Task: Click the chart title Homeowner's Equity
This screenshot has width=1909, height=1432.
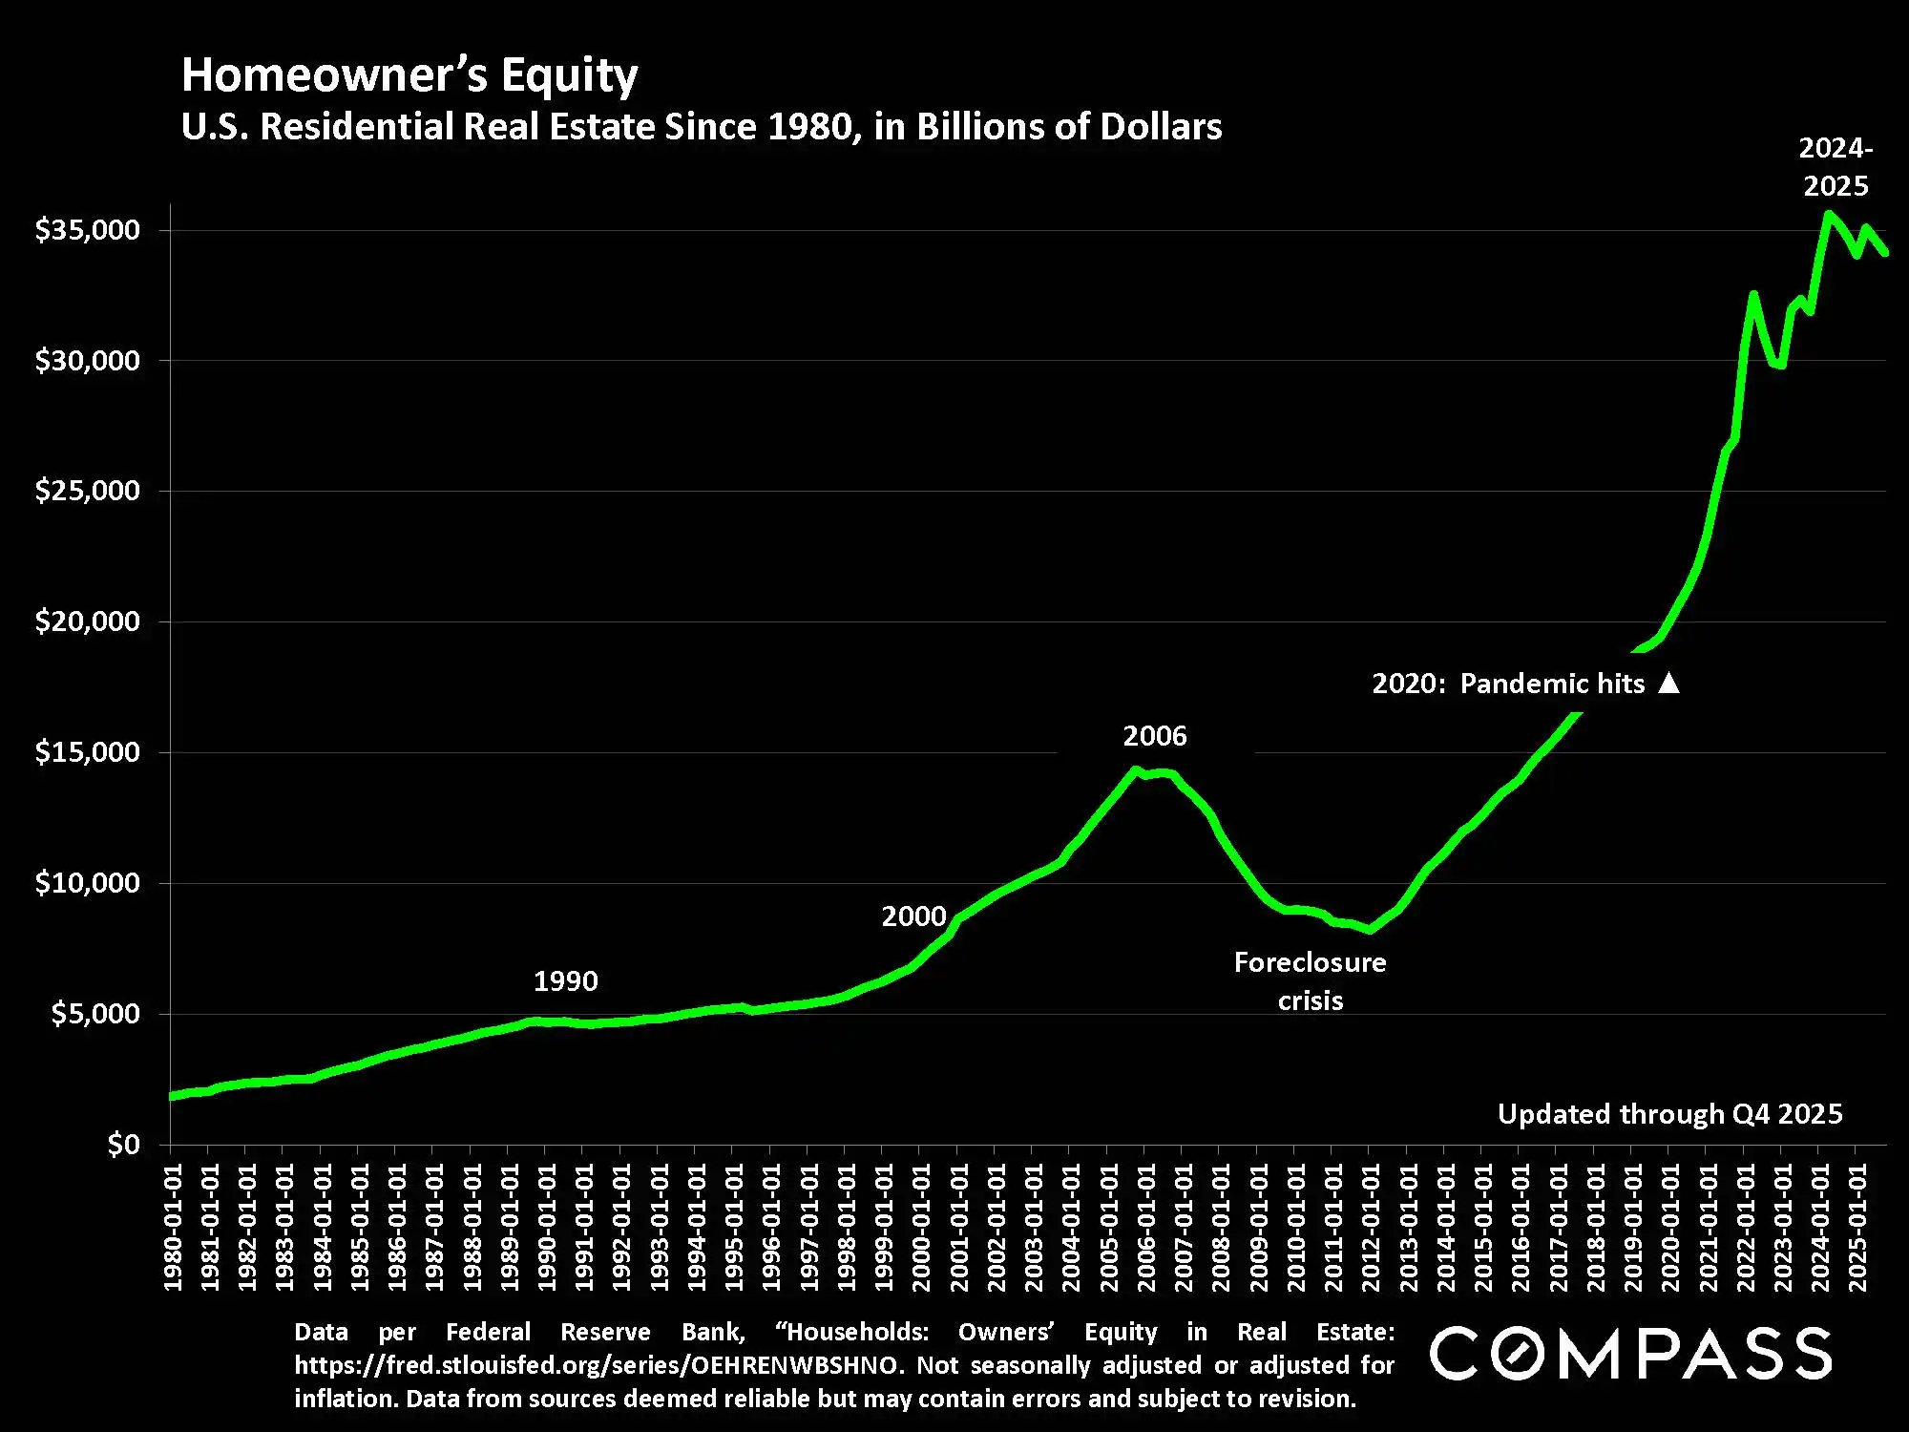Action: (x=409, y=74)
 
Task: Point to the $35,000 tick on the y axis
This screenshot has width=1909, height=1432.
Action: (x=87, y=230)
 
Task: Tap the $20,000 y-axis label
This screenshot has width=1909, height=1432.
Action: (x=87, y=621)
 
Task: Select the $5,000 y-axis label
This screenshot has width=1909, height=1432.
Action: (x=94, y=1013)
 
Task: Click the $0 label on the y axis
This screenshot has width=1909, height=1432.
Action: (x=123, y=1144)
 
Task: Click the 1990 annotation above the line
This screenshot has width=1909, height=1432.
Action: (x=565, y=980)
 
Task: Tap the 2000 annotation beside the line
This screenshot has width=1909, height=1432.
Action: (x=913, y=916)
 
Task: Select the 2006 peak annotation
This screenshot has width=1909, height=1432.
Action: (x=1155, y=736)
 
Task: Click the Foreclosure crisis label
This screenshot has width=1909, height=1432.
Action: (x=1310, y=980)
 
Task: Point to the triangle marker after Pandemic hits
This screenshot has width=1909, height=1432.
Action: (x=1668, y=684)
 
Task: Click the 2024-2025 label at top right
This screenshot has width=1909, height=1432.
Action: (x=1836, y=167)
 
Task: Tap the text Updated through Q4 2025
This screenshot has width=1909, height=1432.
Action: (x=1669, y=1114)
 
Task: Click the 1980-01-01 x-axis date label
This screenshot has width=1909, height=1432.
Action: (x=173, y=1227)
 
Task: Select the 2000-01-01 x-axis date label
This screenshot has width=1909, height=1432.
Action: (x=921, y=1227)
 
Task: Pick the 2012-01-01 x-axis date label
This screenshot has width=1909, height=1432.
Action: (x=1371, y=1227)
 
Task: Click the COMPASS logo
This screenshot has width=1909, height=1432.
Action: (x=1630, y=1353)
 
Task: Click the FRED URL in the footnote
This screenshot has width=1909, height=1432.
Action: (x=597, y=1365)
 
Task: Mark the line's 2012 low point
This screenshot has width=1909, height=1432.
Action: (x=1370, y=930)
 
